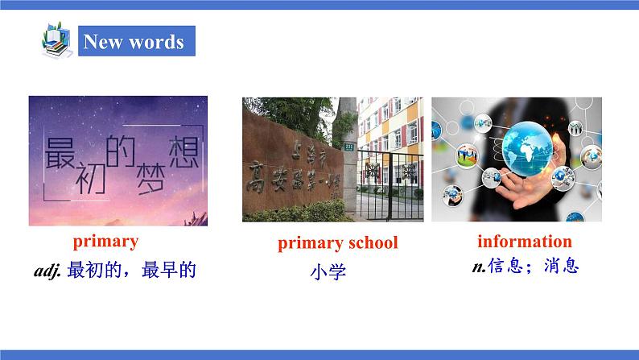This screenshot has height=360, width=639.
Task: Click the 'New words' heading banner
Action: tap(134, 41)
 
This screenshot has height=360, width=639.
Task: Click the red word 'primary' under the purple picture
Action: tap(105, 241)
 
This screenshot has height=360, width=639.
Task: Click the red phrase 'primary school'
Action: tap(337, 243)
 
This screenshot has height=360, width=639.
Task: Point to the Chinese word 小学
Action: tap(328, 272)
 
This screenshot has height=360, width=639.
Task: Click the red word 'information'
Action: tap(524, 241)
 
